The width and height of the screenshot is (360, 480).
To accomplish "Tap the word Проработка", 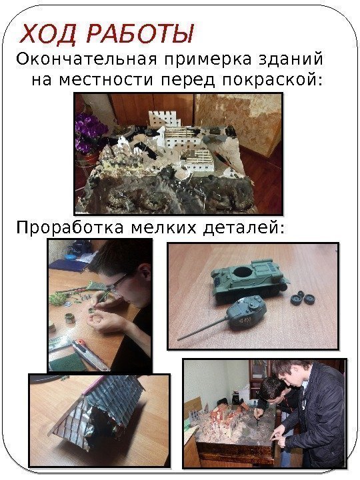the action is click(x=70, y=229).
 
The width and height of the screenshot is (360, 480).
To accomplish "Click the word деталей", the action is click(x=244, y=229).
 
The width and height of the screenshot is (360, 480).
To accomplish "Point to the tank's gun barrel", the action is click(x=203, y=329).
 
